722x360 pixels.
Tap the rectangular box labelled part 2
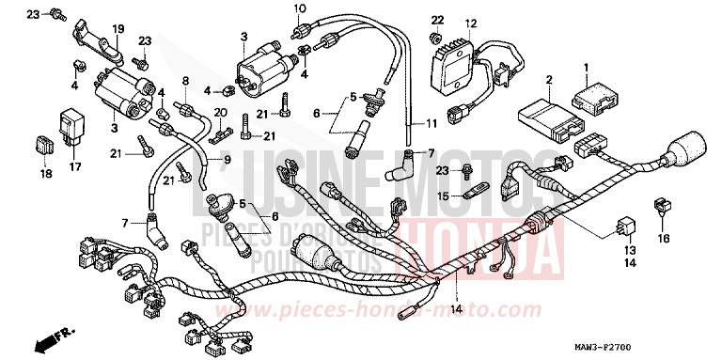click(543, 115)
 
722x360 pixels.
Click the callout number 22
click(436, 20)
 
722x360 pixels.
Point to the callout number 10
click(300, 8)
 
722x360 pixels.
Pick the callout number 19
click(118, 30)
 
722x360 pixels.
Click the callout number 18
click(44, 174)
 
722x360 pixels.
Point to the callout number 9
click(227, 160)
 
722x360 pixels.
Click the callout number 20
click(221, 112)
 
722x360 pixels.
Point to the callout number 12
click(470, 22)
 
